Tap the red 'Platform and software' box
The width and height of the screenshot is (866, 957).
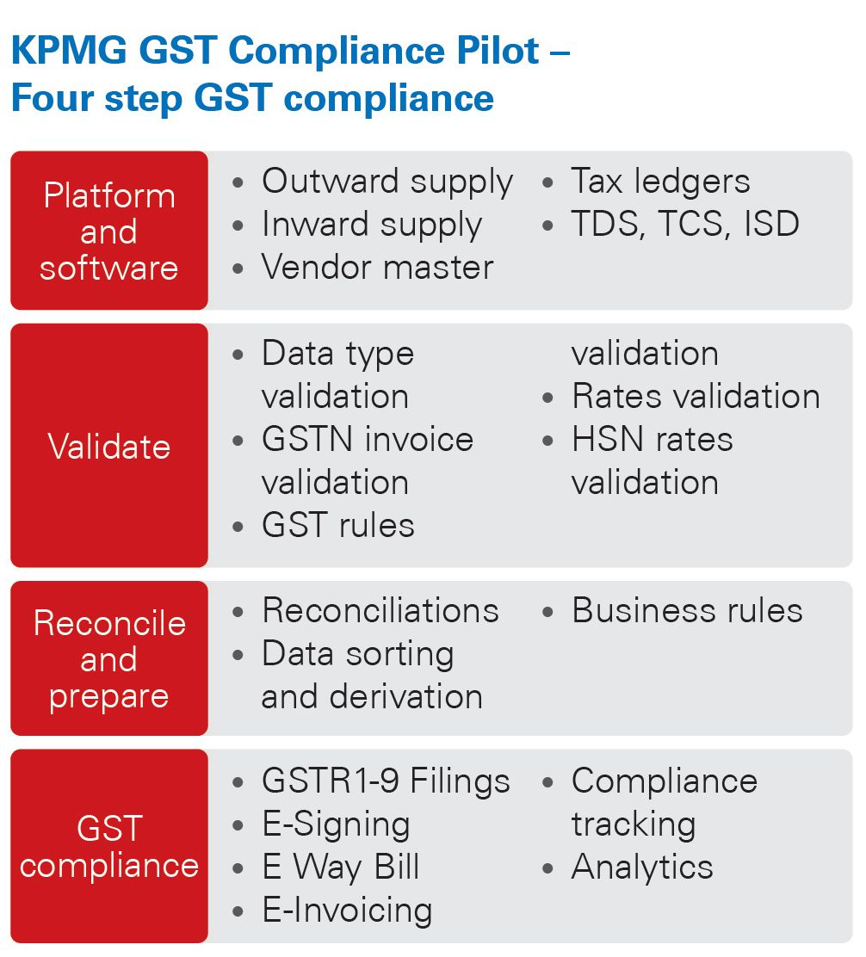109,231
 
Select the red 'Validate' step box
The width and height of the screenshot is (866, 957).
109,446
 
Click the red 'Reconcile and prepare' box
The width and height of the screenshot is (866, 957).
109,659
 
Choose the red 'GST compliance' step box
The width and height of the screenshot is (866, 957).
109,846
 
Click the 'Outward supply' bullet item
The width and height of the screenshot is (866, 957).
387,182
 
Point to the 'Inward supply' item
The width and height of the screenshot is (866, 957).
371,225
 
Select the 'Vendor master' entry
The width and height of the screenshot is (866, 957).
377,268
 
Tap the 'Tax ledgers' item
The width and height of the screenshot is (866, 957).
660,182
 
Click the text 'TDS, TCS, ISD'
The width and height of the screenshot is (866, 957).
685,225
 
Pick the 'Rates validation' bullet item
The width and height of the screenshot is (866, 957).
696,397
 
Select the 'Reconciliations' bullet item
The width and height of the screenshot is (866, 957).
380,611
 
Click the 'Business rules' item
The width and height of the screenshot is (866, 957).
687,611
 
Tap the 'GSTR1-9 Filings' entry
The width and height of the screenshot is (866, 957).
386,781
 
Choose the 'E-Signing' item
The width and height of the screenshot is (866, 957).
336,824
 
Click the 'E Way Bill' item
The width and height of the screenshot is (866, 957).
341,867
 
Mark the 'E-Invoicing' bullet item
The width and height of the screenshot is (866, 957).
347,911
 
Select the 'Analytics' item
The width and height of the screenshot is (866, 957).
642,867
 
